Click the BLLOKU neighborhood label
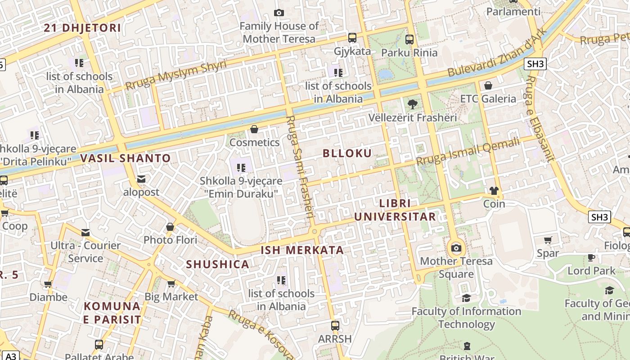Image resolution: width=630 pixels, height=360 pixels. click(x=347, y=153)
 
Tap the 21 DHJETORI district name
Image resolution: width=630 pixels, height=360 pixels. click(x=82, y=28)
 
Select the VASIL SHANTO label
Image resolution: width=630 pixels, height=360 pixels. click(x=126, y=158)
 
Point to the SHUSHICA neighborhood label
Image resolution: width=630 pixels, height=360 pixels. click(x=218, y=264)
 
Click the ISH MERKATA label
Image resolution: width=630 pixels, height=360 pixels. click(x=302, y=250)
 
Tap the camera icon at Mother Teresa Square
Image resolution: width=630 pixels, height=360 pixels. click(x=456, y=248)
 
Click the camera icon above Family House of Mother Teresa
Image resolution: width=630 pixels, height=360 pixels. click(x=279, y=13)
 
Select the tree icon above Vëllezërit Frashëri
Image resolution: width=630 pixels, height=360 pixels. click(x=412, y=105)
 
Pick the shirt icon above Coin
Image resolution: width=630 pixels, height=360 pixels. click(x=494, y=191)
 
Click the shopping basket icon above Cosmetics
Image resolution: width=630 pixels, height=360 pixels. click(x=254, y=130)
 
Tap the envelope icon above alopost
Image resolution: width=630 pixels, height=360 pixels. click(x=141, y=179)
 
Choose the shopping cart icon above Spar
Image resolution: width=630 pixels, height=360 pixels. click(x=548, y=240)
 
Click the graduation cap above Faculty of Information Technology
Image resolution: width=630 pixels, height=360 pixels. click(x=466, y=298)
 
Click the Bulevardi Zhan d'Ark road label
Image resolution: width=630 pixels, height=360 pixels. click(x=497, y=53)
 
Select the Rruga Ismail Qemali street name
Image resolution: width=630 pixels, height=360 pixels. click(x=468, y=152)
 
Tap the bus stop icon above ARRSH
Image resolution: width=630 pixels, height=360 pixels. click(x=335, y=325)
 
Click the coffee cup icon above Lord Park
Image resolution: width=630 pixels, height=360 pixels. click(x=591, y=258)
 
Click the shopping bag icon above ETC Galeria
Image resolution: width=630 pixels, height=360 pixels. click(x=488, y=85)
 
